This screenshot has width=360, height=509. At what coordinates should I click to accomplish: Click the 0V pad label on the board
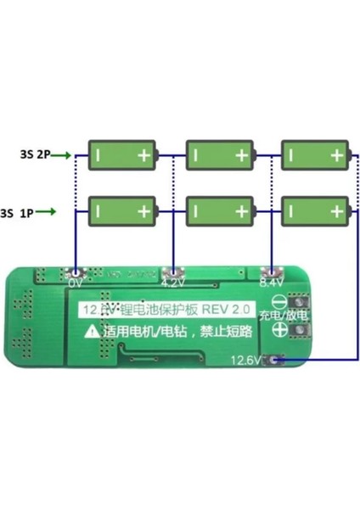(76, 281)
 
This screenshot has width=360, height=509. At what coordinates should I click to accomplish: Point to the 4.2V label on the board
(174, 280)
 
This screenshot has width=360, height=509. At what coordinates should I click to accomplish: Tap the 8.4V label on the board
(273, 280)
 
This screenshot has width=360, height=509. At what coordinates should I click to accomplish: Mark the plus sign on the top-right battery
(338, 155)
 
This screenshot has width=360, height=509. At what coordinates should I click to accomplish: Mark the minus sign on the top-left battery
(100, 155)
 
